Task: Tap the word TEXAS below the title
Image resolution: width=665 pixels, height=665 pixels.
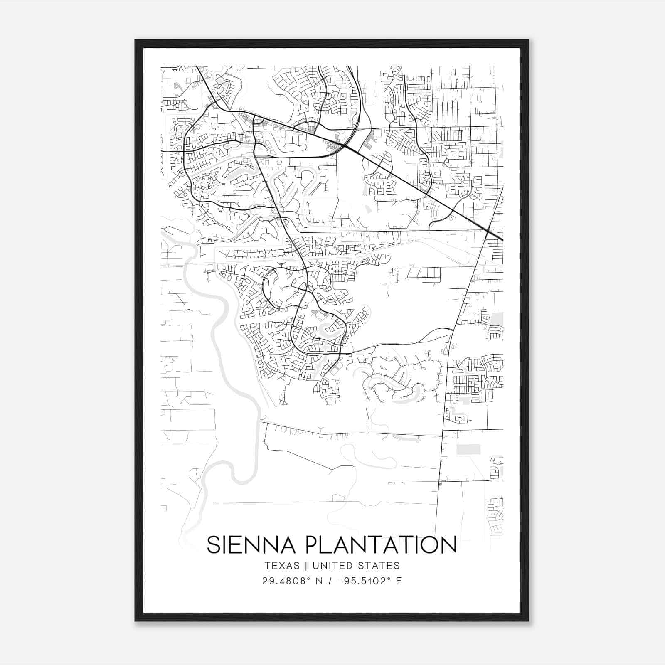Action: coord(281,566)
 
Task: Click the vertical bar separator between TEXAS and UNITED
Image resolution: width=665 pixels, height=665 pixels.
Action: coord(306,566)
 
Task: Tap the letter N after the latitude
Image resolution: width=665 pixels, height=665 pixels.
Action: coord(319,581)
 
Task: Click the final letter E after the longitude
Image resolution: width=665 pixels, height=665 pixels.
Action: coord(399,581)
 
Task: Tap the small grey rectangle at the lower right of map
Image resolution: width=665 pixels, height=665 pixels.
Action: coord(468,449)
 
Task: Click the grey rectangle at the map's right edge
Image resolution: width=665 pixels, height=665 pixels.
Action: coord(497,319)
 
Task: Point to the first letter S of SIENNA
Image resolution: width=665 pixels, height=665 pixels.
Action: coord(213,545)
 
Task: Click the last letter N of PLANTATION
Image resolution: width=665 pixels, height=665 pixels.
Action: coord(449,545)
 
